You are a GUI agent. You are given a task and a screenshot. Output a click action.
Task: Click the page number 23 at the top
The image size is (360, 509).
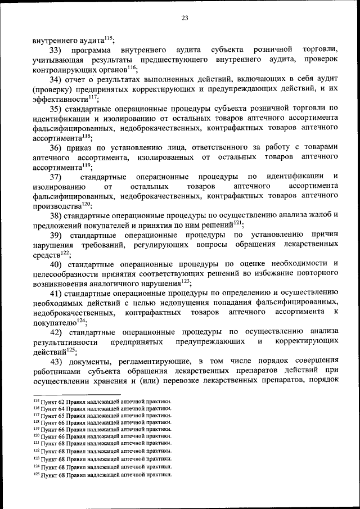[184, 18]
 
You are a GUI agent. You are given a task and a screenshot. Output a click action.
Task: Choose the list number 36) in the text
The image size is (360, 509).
[58, 147]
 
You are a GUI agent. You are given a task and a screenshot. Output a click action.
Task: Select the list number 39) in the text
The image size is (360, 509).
[58, 235]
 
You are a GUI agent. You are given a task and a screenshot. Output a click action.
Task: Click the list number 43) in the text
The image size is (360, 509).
[58, 361]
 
